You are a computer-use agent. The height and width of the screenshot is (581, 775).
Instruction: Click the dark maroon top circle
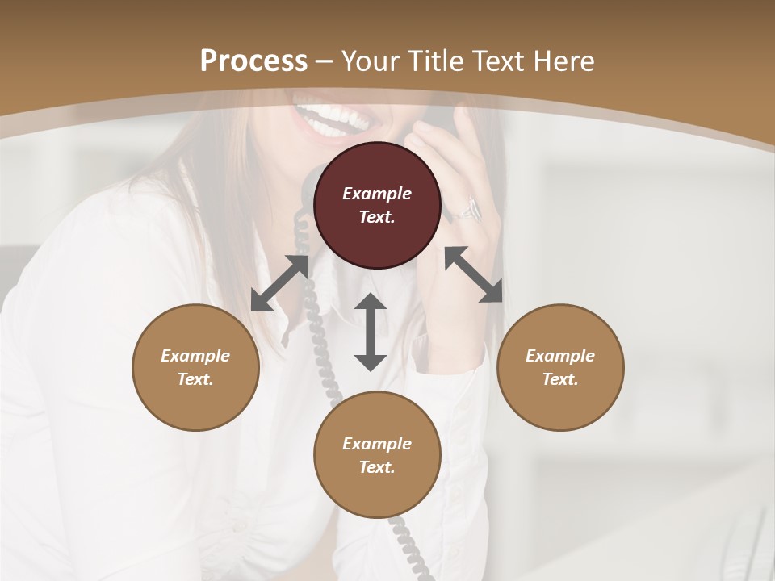click(377, 205)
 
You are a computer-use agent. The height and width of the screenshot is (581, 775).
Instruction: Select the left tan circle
click(195, 367)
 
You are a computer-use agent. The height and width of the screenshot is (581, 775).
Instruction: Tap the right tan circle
click(560, 367)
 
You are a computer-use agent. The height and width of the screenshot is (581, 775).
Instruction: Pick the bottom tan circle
click(377, 455)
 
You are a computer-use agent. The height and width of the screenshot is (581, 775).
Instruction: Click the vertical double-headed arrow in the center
click(371, 332)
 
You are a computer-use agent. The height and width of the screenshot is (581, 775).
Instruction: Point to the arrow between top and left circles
click(280, 283)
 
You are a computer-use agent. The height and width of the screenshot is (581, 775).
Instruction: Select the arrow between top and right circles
click(474, 274)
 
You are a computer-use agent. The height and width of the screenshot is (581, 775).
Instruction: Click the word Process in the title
click(253, 61)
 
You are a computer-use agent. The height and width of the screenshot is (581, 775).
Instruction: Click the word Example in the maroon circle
click(377, 194)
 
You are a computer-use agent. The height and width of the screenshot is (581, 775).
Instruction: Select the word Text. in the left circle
click(195, 379)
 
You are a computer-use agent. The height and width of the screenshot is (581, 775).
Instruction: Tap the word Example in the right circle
click(560, 356)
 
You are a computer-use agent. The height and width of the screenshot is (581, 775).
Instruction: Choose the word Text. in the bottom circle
click(377, 467)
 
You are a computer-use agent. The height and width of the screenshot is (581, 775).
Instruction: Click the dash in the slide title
click(325, 61)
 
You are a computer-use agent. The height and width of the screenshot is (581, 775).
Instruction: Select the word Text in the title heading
click(494, 61)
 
